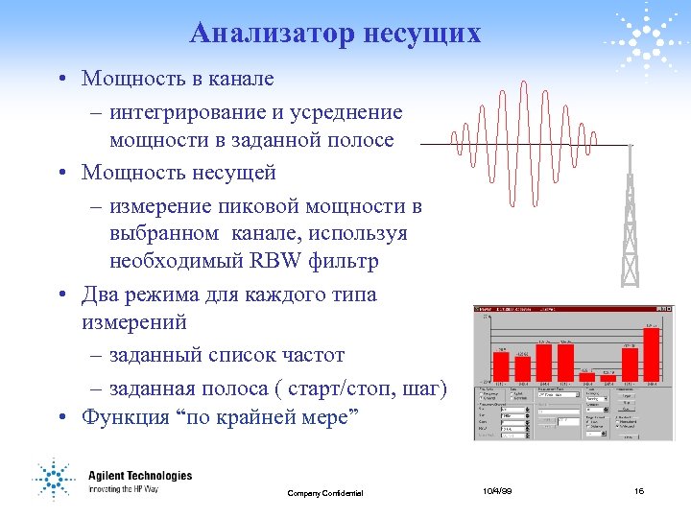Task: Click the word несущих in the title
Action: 422,34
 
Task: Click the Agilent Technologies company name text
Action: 140,476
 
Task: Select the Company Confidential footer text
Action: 325,493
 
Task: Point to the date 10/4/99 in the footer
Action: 496,491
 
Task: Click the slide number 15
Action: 640,491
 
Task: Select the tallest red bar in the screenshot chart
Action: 653,355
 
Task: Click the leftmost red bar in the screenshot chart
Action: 501,365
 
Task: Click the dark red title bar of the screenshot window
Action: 568,309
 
